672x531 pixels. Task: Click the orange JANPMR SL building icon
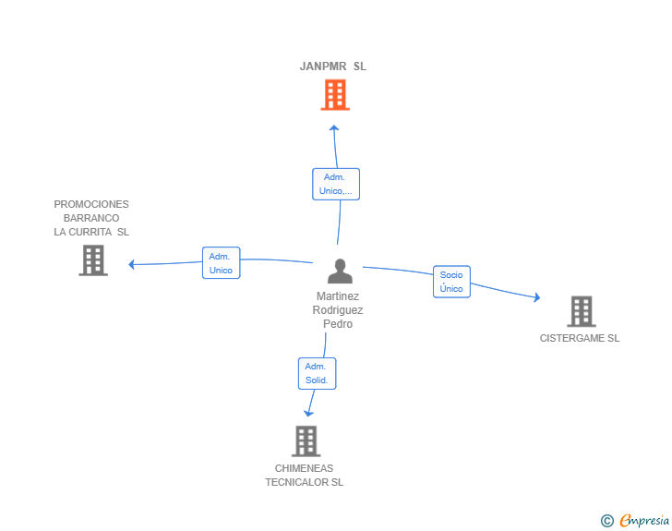pos(335,94)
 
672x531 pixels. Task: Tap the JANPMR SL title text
pos(333,66)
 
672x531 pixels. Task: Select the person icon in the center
pos(340,272)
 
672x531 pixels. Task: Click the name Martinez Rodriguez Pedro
pos(338,310)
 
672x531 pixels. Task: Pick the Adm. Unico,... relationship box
pos(336,184)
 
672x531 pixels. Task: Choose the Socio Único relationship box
pos(451,282)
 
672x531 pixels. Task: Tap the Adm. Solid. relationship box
pos(317,373)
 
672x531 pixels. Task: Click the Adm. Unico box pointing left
pos(221,263)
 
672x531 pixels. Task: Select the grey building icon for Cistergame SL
pos(581,311)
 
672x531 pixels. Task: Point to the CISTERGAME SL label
pos(580,338)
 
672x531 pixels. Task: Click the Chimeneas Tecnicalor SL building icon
pos(306,440)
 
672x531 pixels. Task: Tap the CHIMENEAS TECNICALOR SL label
pos(305,476)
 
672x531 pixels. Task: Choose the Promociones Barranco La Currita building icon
pos(92,260)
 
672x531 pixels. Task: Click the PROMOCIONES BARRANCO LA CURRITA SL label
pos(91,218)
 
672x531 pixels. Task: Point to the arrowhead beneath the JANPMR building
pos(334,127)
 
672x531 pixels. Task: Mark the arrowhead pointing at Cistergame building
pos(536,297)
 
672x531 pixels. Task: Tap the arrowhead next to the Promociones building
pos(132,265)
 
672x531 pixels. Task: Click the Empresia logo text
pos(645,521)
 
